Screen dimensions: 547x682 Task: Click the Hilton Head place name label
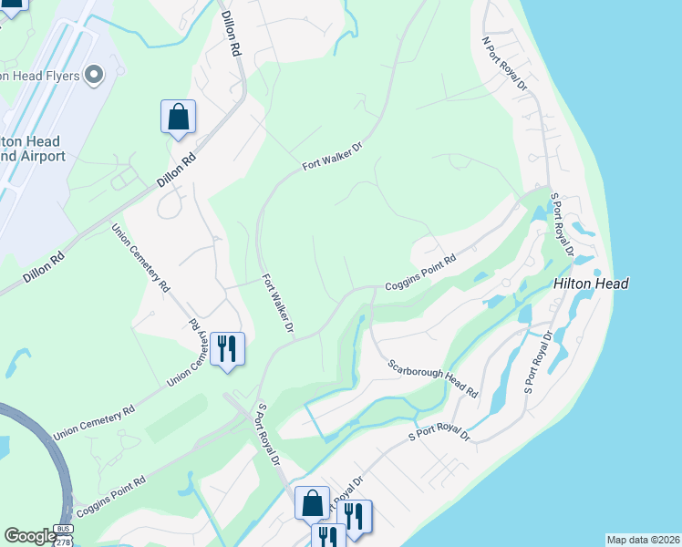(x=590, y=284)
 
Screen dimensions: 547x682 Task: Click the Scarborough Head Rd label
(x=432, y=377)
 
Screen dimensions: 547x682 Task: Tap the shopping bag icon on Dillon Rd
(x=178, y=117)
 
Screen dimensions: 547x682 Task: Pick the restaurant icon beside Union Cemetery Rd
(x=227, y=348)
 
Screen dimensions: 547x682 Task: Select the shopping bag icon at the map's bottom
(x=312, y=502)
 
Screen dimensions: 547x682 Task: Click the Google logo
(x=30, y=536)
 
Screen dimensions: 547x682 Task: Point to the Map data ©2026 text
(x=643, y=540)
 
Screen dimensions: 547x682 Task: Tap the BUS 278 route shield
(x=63, y=535)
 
